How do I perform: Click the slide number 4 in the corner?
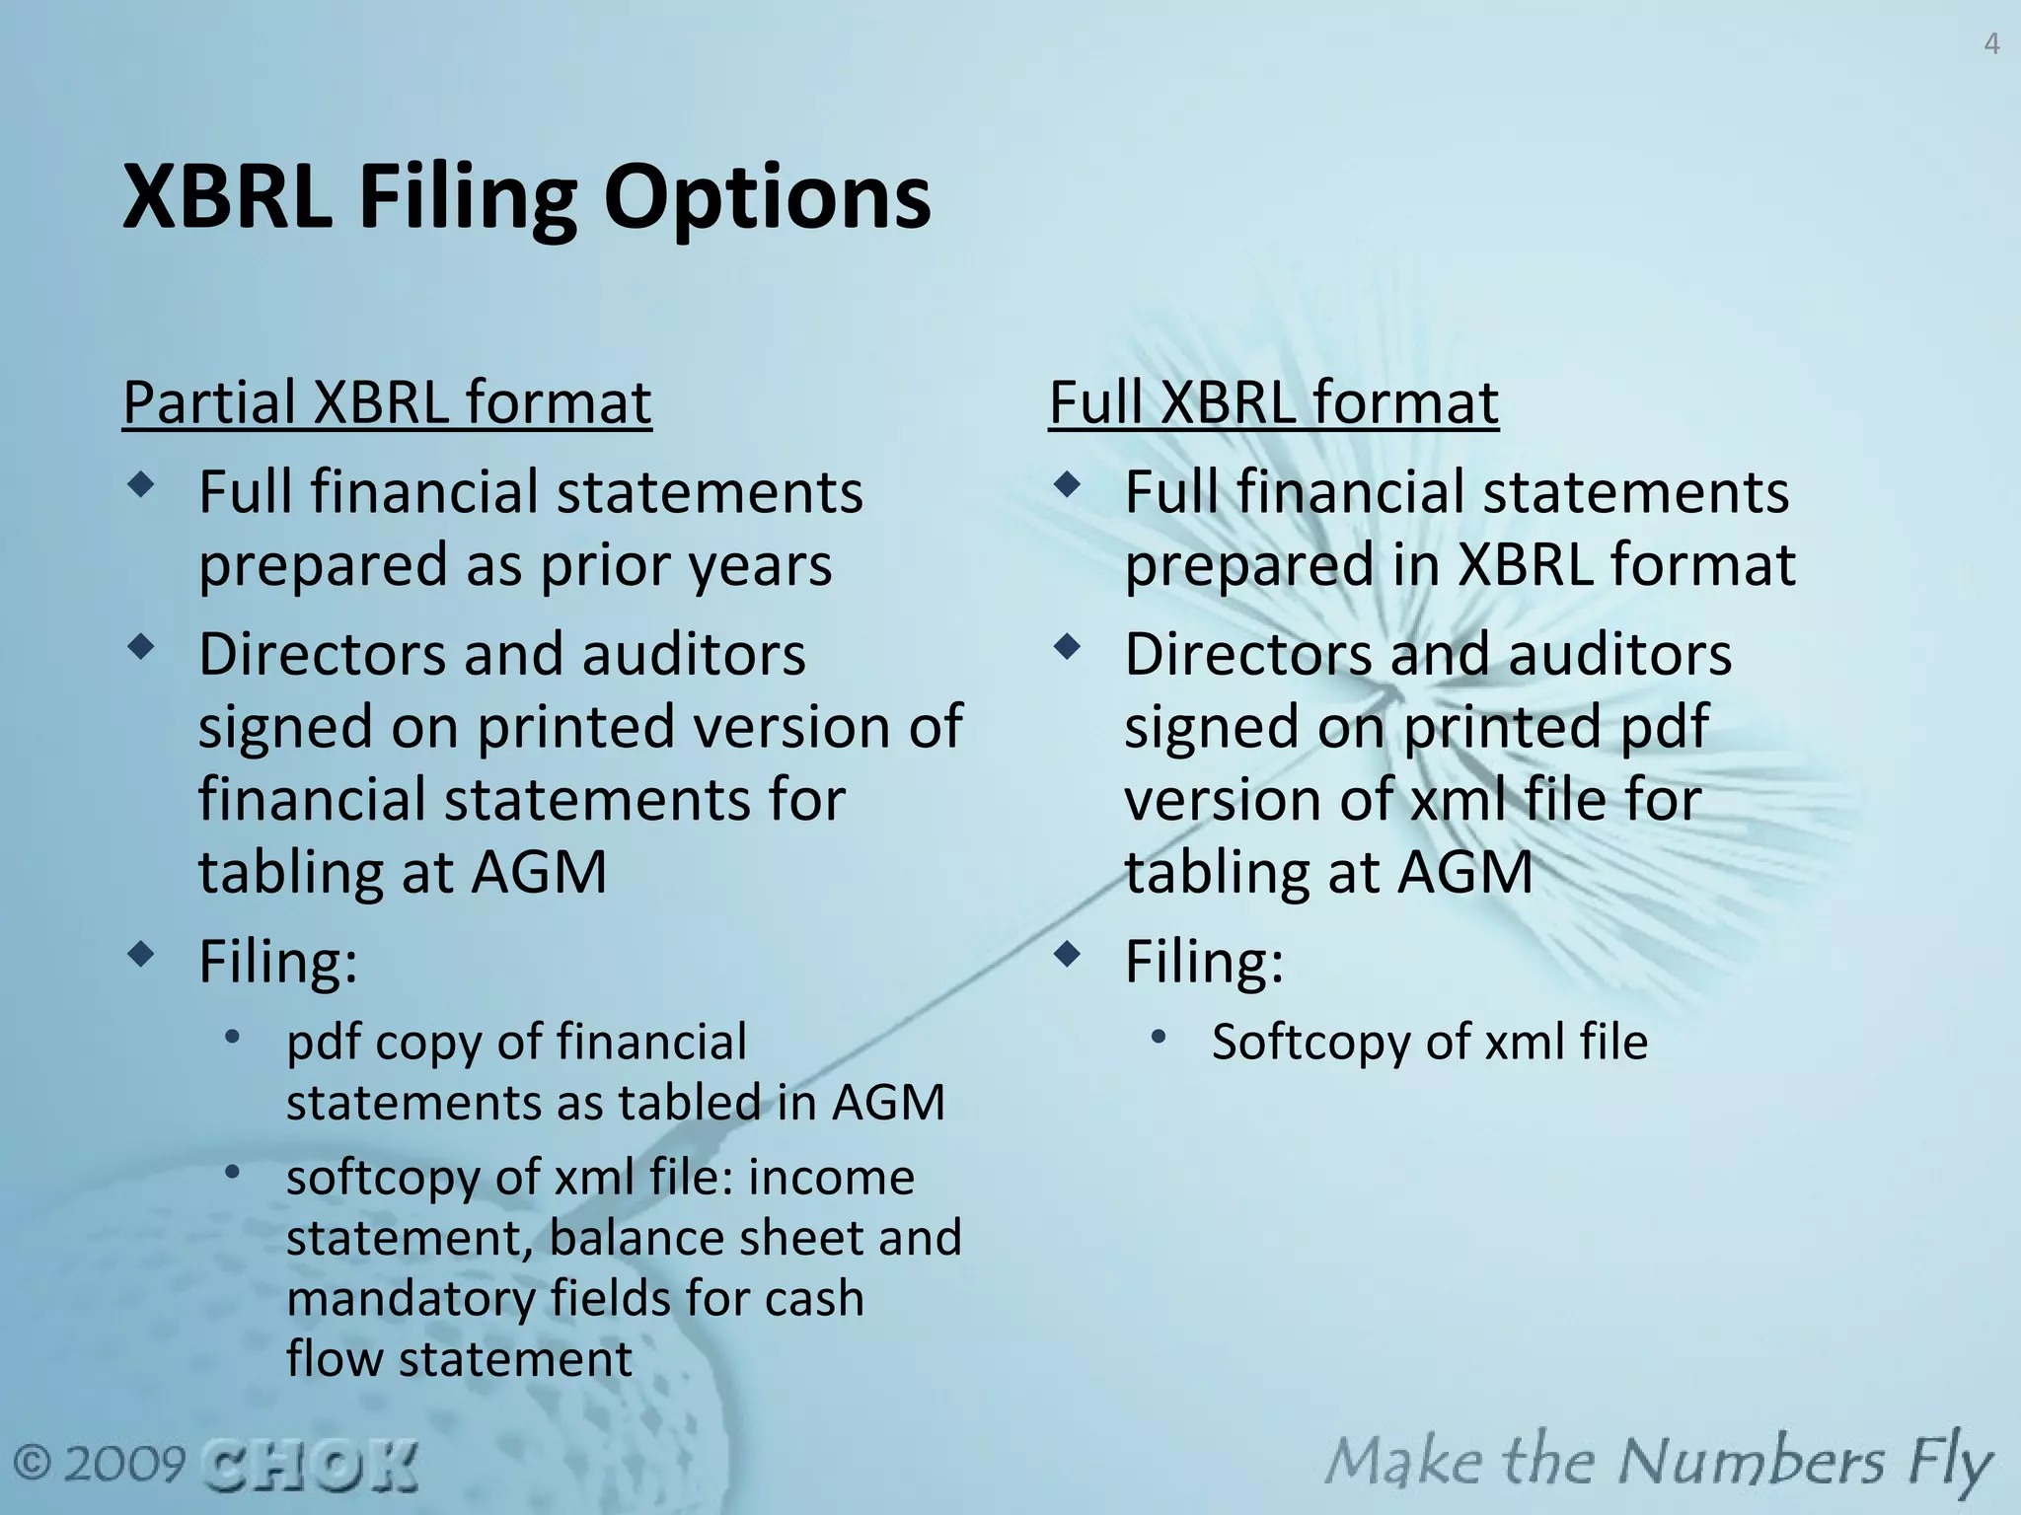(x=1991, y=45)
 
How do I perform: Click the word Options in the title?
(x=767, y=197)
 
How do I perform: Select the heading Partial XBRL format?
(x=387, y=402)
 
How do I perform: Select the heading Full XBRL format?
(x=1273, y=402)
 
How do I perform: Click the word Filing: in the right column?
(x=1204, y=962)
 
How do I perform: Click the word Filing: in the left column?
(x=278, y=962)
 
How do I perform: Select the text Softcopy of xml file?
(x=1429, y=1043)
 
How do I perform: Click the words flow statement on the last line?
(x=459, y=1359)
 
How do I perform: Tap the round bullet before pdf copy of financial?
(x=232, y=1037)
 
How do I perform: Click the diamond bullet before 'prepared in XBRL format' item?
(x=1067, y=484)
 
